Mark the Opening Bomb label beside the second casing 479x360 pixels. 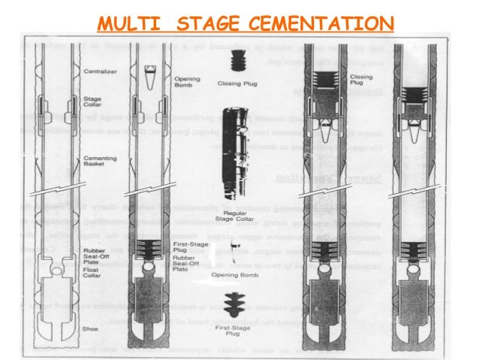click(185, 80)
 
